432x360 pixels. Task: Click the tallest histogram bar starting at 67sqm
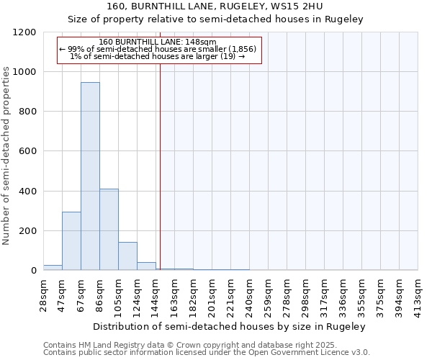tap(90, 176)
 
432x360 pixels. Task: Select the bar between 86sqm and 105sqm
tap(109, 229)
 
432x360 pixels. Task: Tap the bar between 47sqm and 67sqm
tap(71, 241)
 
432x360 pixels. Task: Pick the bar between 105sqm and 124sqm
tap(127, 256)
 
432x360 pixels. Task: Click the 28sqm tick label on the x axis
tap(44, 292)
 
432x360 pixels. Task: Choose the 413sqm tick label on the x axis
tap(418, 293)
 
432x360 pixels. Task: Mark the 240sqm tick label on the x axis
tap(250, 293)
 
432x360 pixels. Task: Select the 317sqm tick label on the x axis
tap(325, 293)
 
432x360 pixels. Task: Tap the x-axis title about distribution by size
tap(230, 326)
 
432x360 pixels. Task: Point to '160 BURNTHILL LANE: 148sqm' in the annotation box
tap(158, 42)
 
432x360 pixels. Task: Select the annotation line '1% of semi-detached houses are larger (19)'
tap(158, 56)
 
